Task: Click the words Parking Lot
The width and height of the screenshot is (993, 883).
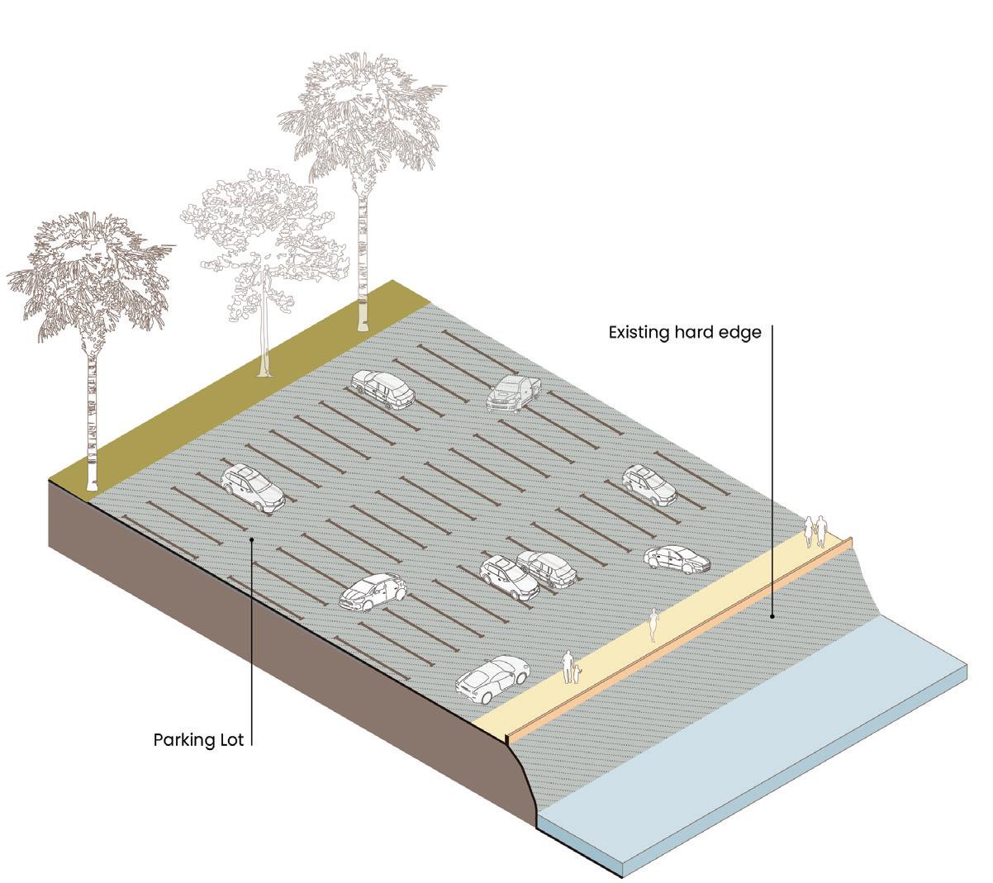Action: tap(199, 739)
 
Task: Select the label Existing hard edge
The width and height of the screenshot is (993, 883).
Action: tap(685, 333)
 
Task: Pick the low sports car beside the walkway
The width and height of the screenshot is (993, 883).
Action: tap(492, 676)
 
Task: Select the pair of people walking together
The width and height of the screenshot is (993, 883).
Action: tap(816, 531)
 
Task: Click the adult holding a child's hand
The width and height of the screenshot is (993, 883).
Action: tap(568, 667)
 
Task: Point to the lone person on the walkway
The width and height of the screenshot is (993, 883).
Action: tap(653, 624)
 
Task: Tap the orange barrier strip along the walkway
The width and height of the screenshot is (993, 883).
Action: tap(686, 636)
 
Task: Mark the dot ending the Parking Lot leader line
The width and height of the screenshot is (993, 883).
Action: tap(251, 539)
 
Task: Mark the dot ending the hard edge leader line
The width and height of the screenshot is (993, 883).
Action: tap(772, 615)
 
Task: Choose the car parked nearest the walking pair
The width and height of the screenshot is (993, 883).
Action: tap(677, 559)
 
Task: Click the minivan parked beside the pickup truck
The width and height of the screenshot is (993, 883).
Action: tap(382, 389)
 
